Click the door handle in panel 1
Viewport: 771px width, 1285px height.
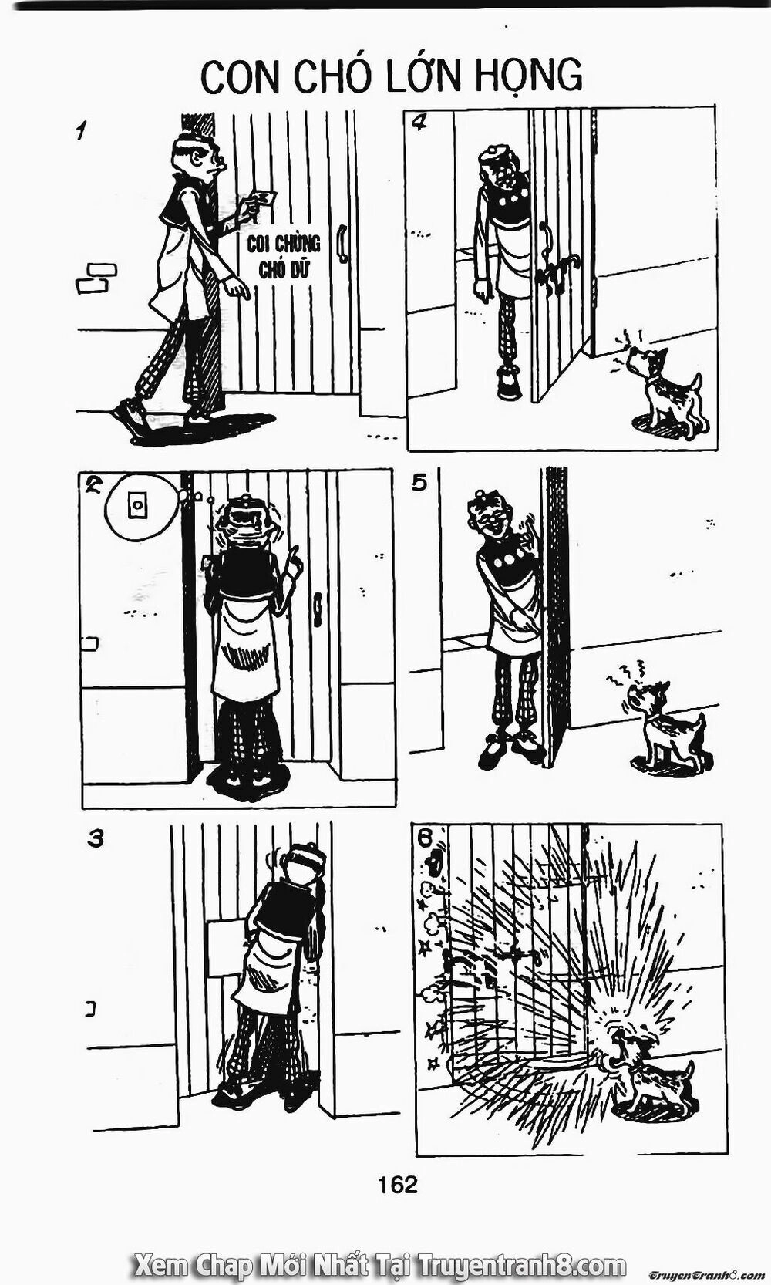point(342,244)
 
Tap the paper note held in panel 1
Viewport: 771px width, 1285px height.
point(262,197)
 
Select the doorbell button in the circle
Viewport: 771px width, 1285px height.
point(137,506)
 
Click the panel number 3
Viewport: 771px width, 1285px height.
point(96,839)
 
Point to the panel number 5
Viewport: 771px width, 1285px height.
point(419,484)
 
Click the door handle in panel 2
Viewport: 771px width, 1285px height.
point(317,609)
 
